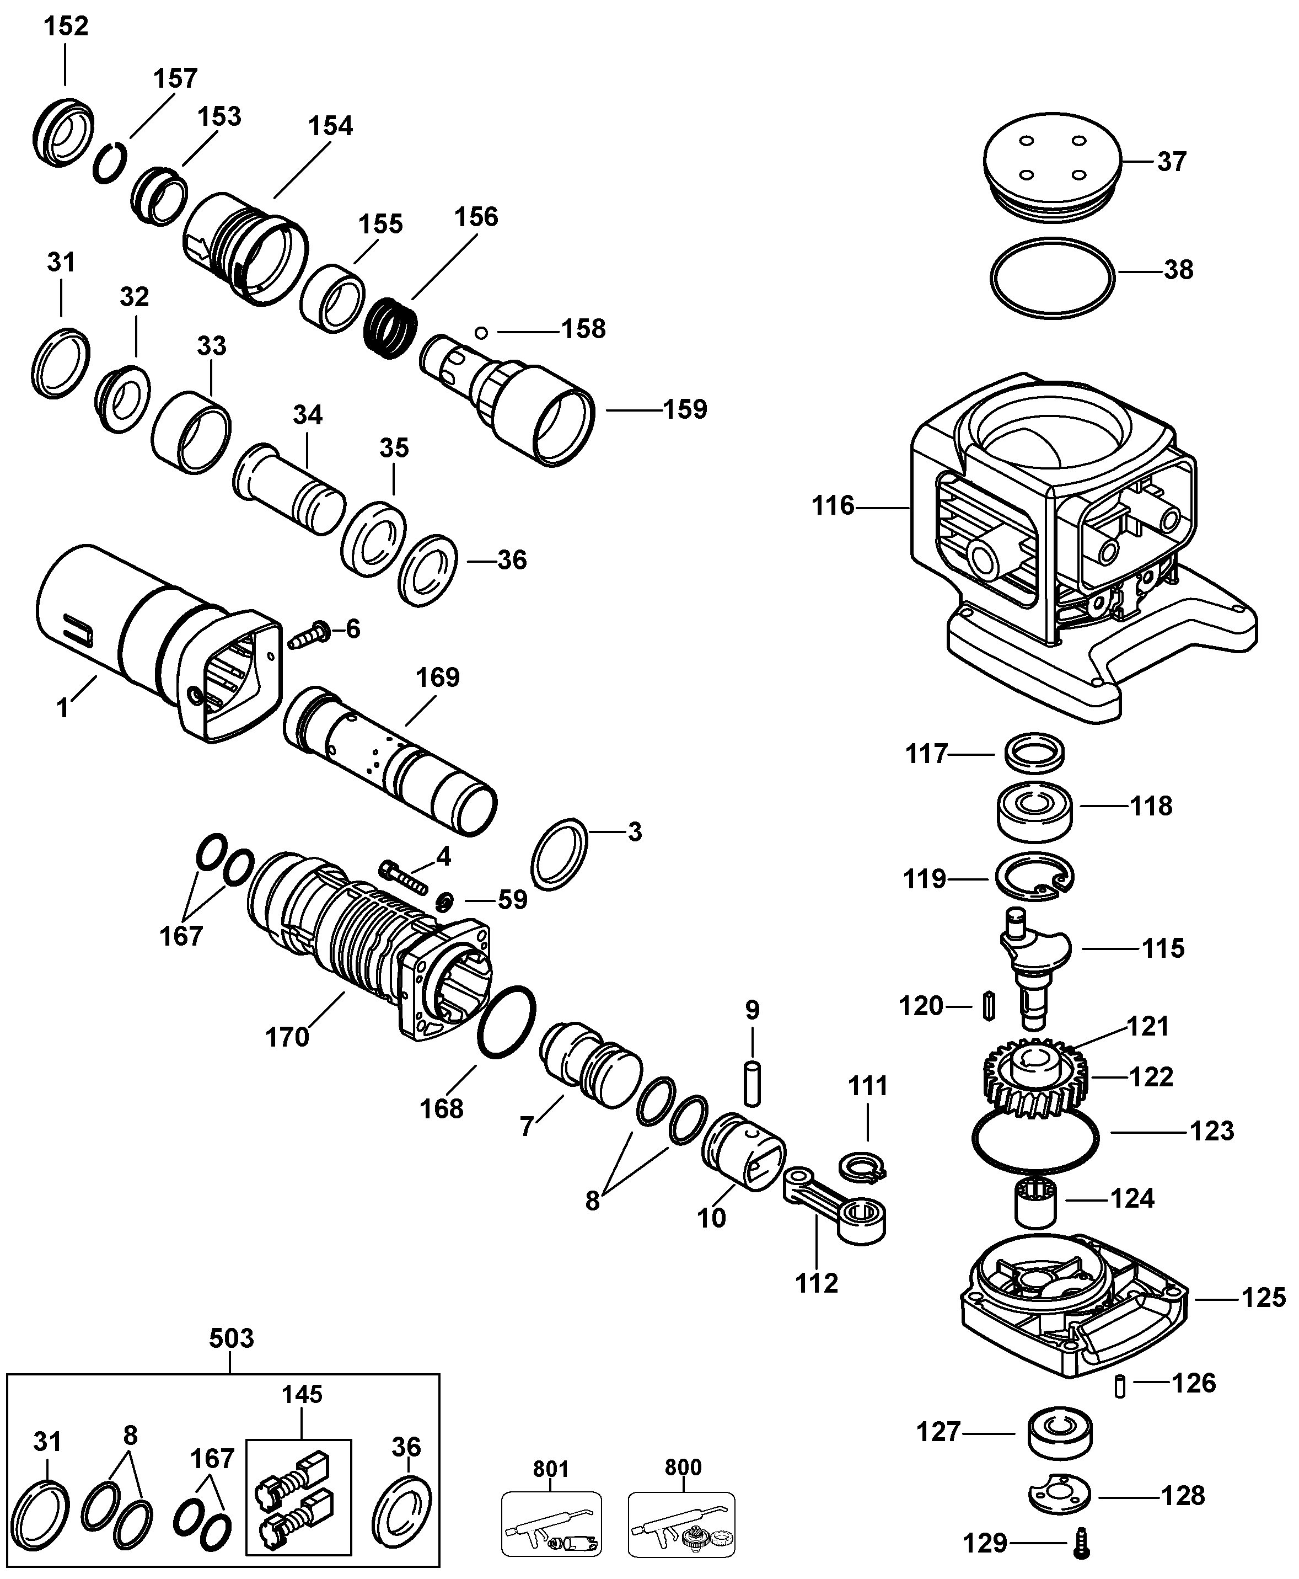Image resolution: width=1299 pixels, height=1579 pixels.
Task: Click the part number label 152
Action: click(x=66, y=26)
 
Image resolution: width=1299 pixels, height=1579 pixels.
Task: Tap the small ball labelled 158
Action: click(x=481, y=332)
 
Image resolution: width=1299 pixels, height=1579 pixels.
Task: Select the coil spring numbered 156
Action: click(x=390, y=328)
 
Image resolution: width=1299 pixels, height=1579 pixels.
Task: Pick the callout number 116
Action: click(x=833, y=506)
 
